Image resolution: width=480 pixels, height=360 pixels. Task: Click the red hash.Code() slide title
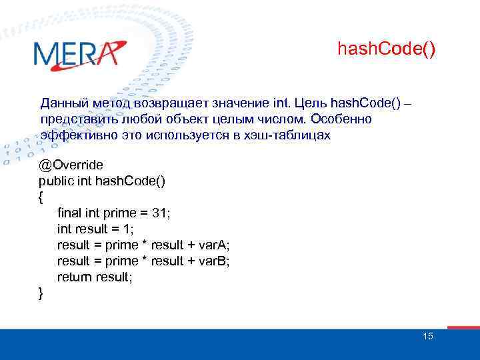pos(387,49)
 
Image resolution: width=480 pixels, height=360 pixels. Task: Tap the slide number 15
pos(427,336)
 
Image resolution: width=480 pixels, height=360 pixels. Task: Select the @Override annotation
pos(71,165)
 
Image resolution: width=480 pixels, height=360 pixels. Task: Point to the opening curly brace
pos(41,197)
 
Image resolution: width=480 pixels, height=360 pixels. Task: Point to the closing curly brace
pos(41,293)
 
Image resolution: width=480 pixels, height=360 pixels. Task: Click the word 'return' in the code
pos(75,277)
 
